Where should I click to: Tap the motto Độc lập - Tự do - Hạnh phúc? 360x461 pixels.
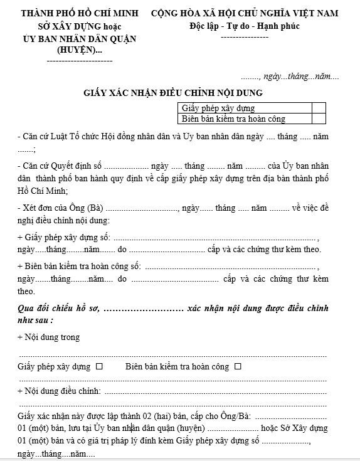click(x=244, y=26)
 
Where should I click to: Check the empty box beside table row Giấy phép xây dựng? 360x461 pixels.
click(x=318, y=108)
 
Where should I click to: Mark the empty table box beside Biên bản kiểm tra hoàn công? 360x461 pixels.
click(x=318, y=118)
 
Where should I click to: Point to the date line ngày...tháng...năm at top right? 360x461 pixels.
click(x=299, y=77)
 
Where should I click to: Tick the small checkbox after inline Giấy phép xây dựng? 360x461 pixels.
click(x=100, y=366)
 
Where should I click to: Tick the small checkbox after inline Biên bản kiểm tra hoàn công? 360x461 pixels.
click(x=238, y=366)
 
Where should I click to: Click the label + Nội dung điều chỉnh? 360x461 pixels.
click(x=60, y=391)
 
